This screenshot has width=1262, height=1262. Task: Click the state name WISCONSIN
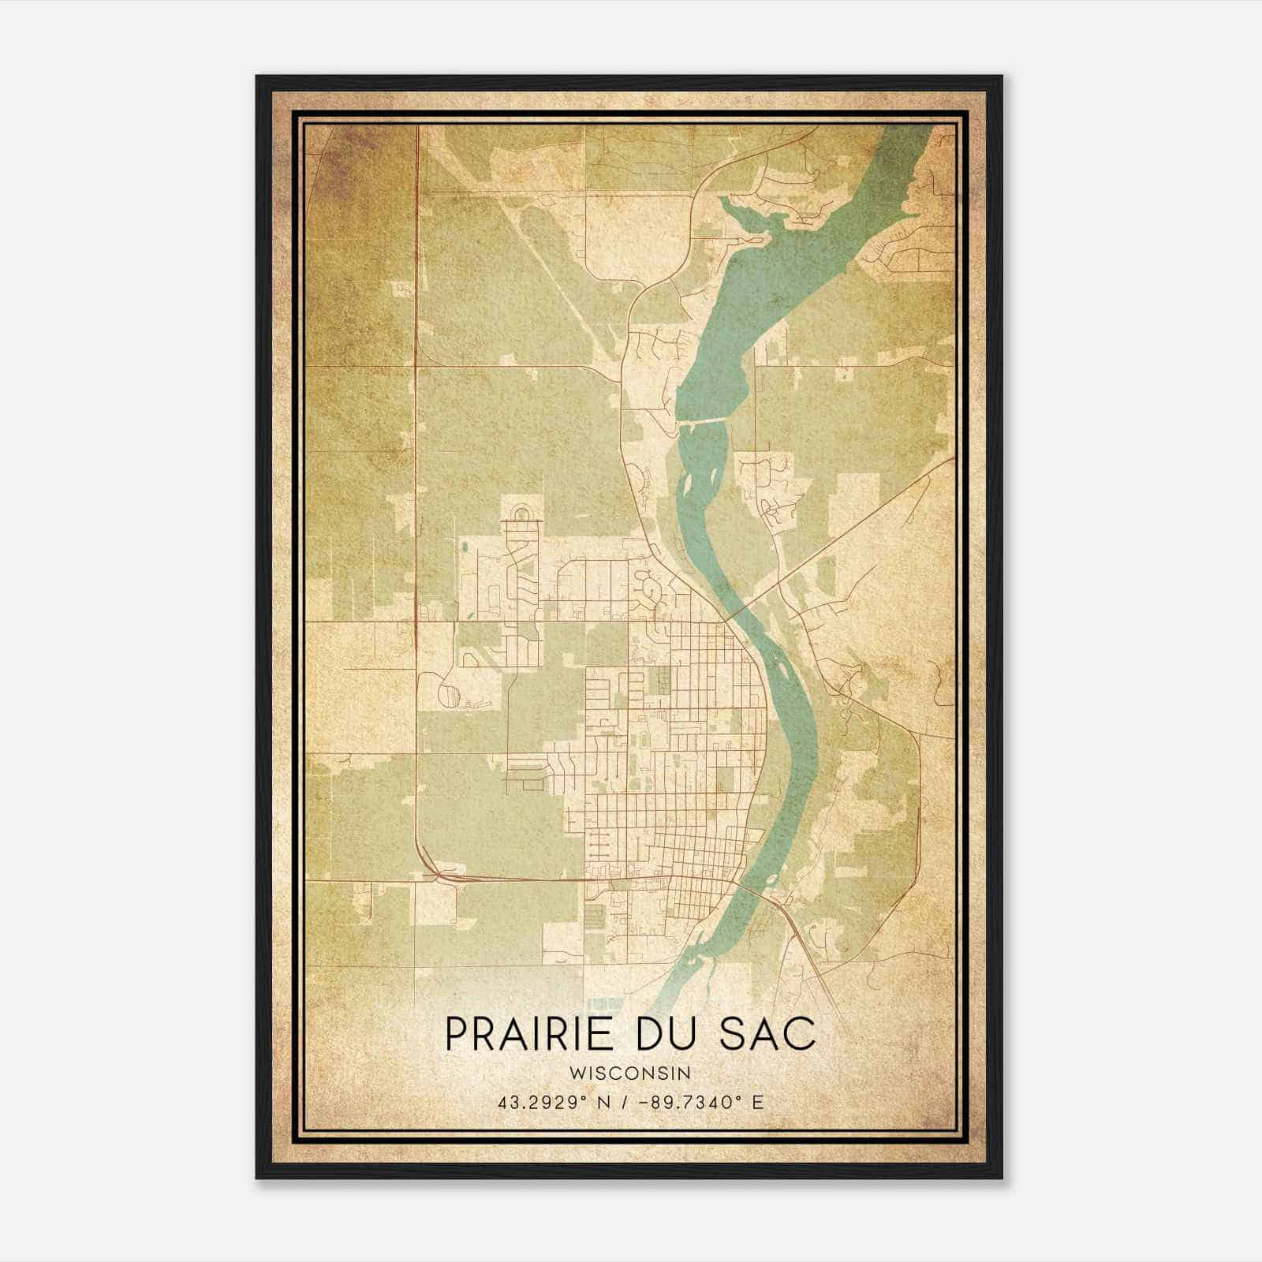tap(630, 1073)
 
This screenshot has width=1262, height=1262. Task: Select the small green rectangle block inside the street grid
tap(663, 679)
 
